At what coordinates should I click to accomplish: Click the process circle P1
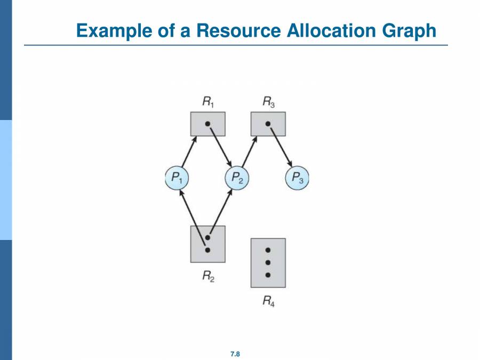pyautogui.click(x=177, y=178)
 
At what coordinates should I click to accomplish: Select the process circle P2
pyautogui.click(x=237, y=178)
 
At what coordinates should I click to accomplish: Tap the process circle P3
pyautogui.click(x=297, y=178)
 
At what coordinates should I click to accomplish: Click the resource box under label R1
pyautogui.click(x=208, y=124)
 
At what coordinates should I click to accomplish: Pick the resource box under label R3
pyautogui.click(x=268, y=124)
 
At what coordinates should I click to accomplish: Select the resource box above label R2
pyautogui.click(x=208, y=244)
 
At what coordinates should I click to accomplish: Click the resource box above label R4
pyautogui.click(x=268, y=262)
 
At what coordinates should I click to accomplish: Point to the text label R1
pyautogui.click(x=209, y=102)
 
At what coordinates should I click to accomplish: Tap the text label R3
pyautogui.click(x=269, y=102)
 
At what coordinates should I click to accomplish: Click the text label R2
pyautogui.click(x=209, y=276)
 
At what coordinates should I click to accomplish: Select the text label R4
pyautogui.click(x=269, y=302)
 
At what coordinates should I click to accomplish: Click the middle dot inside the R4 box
pyautogui.click(x=268, y=262)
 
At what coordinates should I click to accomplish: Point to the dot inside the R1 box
pyautogui.click(x=208, y=124)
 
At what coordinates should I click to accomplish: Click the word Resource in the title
pyautogui.click(x=239, y=30)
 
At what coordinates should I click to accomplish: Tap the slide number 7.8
pyautogui.click(x=235, y=354)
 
